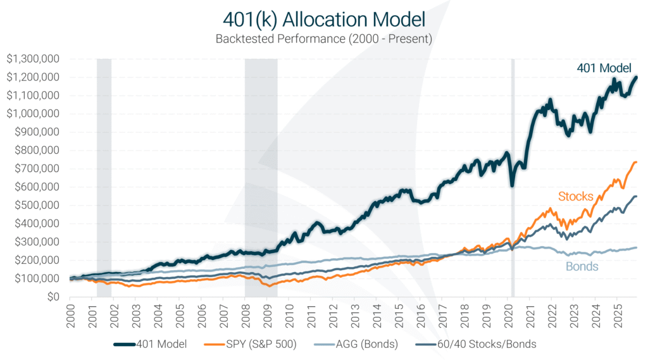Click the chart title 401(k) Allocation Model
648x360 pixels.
323,19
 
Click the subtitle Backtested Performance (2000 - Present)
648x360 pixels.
323,39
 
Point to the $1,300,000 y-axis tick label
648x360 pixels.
33,59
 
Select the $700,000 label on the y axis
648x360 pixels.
36,169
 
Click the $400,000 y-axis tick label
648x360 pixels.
36,224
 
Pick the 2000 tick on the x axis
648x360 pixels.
71,314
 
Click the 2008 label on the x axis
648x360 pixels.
246,314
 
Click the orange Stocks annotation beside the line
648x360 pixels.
575,196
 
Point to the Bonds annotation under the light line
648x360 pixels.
581,267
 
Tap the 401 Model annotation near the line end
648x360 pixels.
603,68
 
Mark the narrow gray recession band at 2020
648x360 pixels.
513,177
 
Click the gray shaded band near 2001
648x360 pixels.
104,177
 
